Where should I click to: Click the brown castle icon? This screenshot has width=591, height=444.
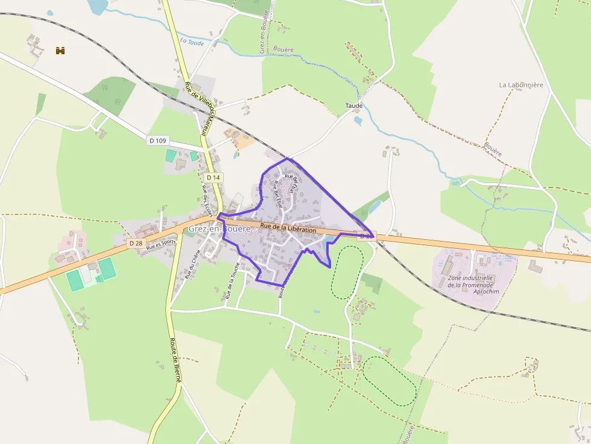[x=60, y=51]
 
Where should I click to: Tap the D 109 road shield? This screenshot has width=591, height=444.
[x=157, y=140]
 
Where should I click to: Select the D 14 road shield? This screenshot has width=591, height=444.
[x=213, y=177]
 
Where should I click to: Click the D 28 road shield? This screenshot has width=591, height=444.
[x=136, y=243]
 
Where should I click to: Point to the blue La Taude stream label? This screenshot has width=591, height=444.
[x=192, y=42]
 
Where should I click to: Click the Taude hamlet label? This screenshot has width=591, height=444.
[x=354, y=106]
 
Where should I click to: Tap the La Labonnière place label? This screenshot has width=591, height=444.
[x=521, y=85]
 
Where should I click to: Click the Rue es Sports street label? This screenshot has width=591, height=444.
[x=161, y=245]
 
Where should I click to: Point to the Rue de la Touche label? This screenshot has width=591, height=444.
[x=232, y=281]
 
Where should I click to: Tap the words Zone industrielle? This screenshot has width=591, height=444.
[x=470, y=278]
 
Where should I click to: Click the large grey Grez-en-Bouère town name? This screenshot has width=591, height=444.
[x=219, y=229]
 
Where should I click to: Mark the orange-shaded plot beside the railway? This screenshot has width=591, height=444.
[x=239, y=139]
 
